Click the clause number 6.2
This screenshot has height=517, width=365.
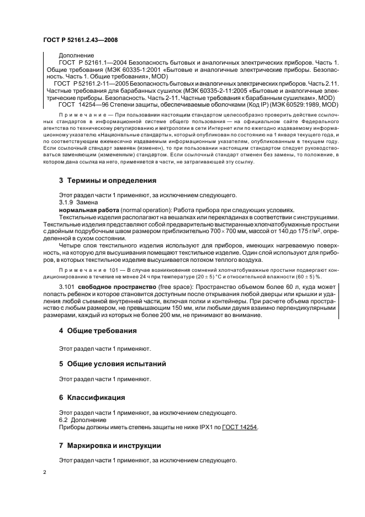[64, 420]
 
